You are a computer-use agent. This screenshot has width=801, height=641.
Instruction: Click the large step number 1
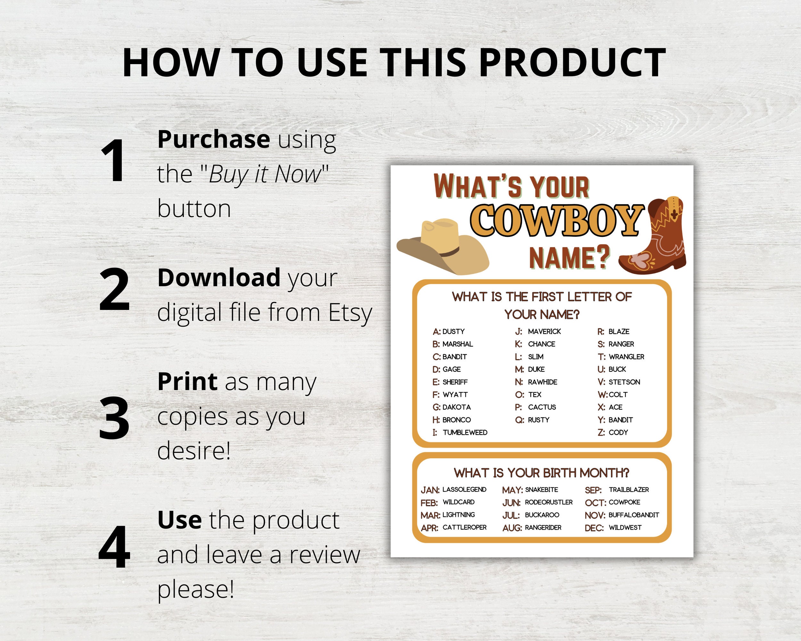tap(113, 161)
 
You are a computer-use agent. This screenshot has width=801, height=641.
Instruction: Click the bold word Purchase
tap(214, 139)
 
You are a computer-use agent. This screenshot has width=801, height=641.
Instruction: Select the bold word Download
tap(219, 278)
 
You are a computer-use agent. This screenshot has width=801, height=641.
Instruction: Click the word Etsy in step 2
tap(350, 312)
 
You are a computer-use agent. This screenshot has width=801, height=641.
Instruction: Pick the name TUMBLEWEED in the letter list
tap(465, 433)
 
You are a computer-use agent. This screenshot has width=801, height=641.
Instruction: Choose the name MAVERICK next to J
tap(544, 331)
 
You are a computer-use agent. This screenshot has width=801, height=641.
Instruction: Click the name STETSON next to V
tap(624, 382)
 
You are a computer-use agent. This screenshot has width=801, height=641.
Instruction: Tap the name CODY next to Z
tap(618, 433)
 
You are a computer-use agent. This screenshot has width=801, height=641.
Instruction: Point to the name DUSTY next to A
tap(453, 331)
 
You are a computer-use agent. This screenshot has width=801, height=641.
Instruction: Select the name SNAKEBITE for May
tap(541, 490)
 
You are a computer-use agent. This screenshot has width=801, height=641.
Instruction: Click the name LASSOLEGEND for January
tap(464, 490)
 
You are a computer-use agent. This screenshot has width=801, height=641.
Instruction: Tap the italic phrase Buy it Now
tap(265, 174)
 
